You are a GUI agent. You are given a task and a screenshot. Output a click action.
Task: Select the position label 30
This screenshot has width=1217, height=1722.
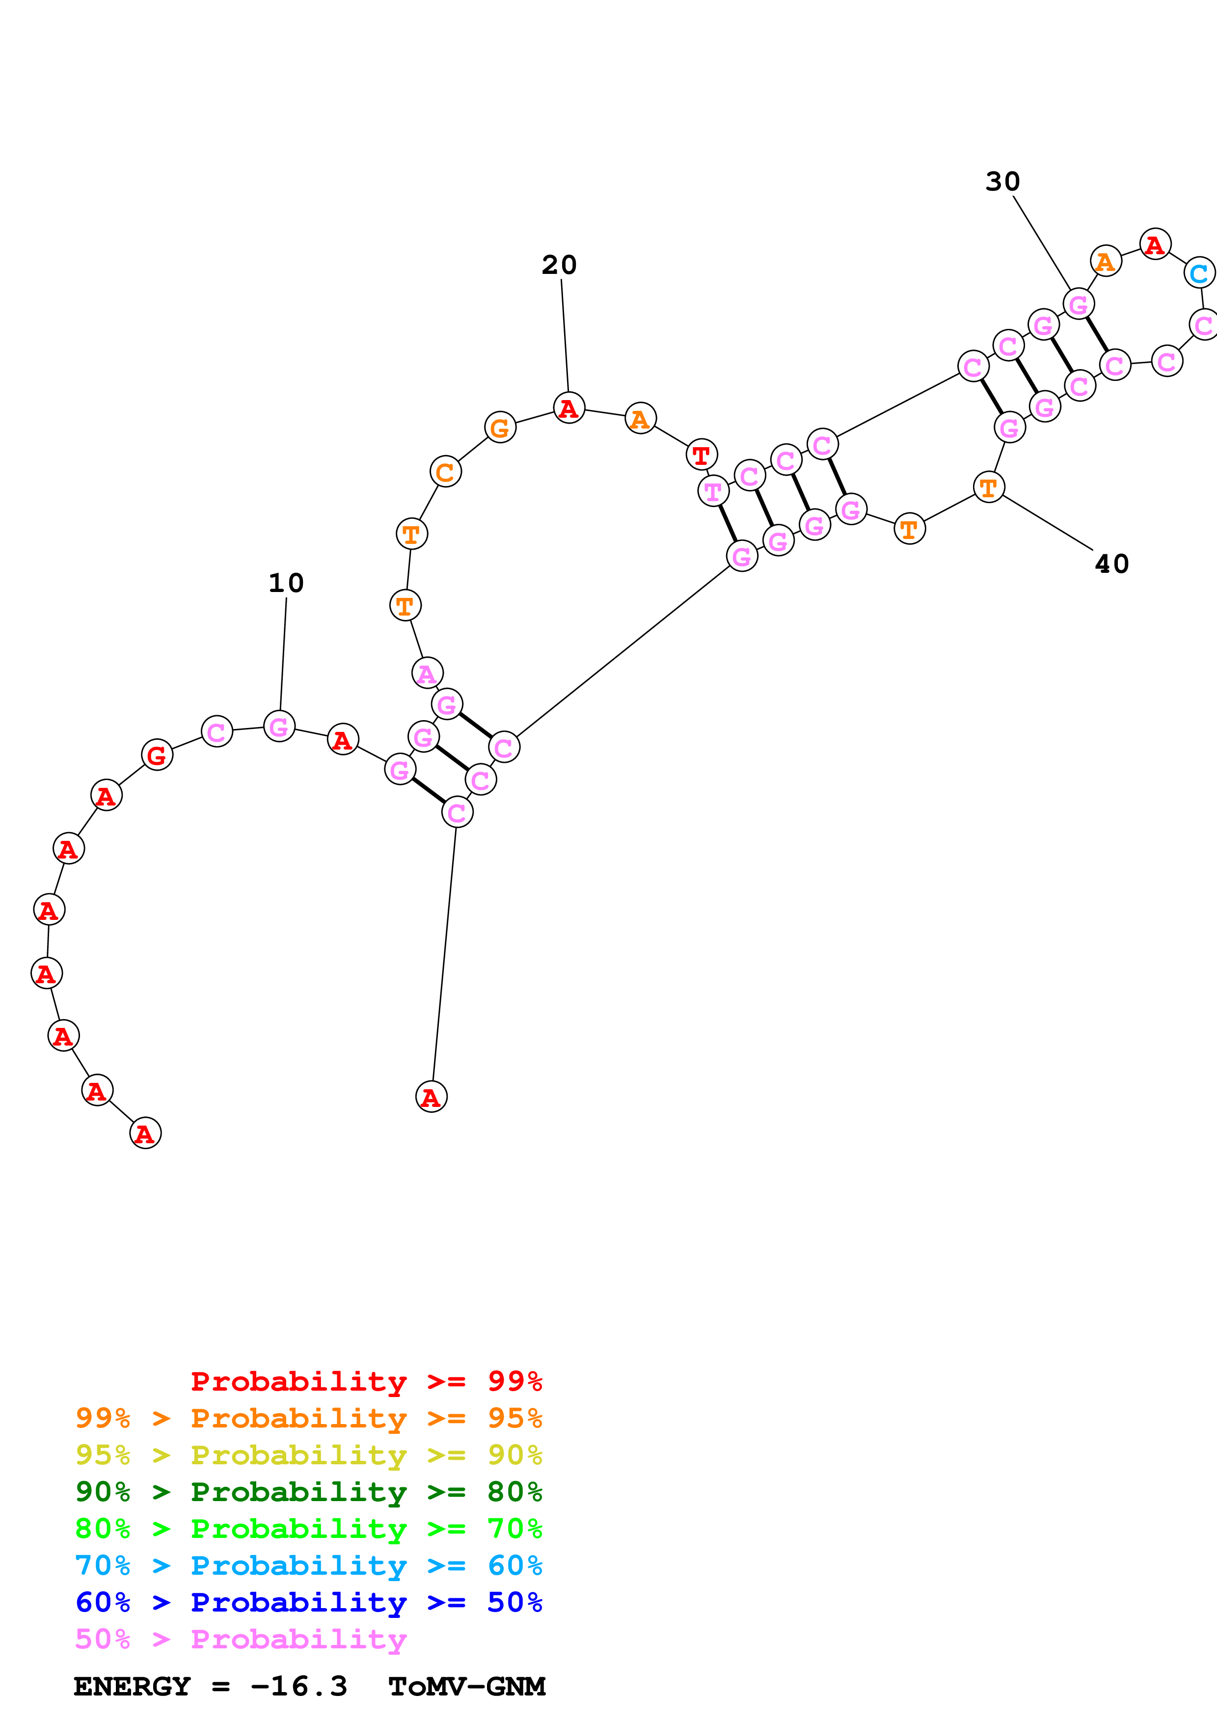coord(1002,182)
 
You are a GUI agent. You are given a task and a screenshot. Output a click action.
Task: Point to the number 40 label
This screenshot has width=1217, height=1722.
coord(1111,565)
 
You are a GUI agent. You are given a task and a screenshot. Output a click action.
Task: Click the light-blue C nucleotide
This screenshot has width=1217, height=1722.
coord(1198,273)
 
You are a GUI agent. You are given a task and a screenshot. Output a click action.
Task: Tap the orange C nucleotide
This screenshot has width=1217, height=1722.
coord(445,472)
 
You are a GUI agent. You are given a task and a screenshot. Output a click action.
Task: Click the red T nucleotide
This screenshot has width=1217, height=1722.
coord(701,455)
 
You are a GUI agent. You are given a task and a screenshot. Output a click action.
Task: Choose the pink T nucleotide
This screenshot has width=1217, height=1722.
coord(713,492)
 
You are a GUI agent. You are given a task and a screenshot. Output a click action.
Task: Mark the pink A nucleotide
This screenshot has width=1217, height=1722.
coord(428,673)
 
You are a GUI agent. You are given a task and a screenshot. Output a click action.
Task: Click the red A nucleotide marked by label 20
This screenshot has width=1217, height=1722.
coord(568,408)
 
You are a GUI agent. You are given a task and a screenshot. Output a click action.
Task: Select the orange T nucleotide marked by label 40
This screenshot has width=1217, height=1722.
coord(988,487)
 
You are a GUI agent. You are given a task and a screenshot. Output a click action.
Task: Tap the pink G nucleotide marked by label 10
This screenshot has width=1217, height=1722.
coord(279,727)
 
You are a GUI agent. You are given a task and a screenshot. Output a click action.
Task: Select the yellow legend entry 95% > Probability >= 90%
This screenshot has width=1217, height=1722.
coord(308,1455)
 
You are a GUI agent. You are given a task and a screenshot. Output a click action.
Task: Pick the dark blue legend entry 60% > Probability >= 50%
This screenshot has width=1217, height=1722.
coord(308,1602)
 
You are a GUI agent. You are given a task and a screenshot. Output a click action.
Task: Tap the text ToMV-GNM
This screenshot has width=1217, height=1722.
coord(466,1686)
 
